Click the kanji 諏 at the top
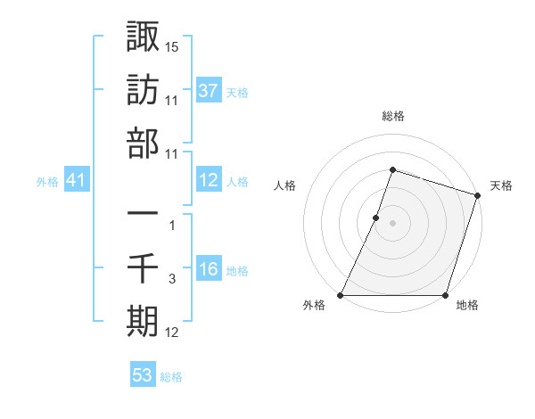coord(143,38)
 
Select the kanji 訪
coord(143,91)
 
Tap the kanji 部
coord(143,143)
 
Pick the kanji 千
coord(143,267)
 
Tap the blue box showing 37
coord(209,90)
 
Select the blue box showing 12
coord(209,180)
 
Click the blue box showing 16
coord(209,270)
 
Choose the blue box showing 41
coord(77,180)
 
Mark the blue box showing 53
coord(143,375)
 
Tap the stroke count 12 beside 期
coord(173,333)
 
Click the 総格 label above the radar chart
coord(393,116)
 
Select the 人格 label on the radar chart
coord(285,185)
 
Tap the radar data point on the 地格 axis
coord(446,295)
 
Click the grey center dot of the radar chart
coord(393,223)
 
